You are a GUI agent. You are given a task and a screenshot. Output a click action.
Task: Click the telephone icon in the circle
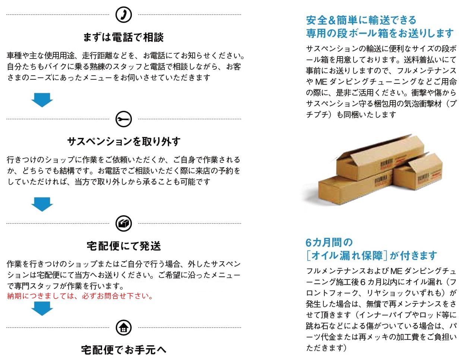tap(124, 15)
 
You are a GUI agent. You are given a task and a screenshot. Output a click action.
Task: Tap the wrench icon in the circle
tap(124, 119)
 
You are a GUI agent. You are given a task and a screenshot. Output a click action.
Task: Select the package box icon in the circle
tap(124, 224)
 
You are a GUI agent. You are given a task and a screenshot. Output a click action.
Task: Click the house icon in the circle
tap(124, 328)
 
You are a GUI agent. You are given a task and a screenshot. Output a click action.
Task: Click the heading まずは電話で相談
tap(123, 37)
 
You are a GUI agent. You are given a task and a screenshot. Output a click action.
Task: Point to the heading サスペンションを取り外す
tap(124, 142)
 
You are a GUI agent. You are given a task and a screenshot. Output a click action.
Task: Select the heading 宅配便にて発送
tap(124, 246)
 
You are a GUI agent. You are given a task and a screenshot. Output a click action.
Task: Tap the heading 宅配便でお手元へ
tap(124, 350)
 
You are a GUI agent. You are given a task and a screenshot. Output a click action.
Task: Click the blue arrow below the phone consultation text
tap(42, 100)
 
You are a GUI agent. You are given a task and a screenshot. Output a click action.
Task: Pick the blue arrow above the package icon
tap(42, 204)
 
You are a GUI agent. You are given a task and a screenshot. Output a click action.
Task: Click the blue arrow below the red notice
tap(42, 309)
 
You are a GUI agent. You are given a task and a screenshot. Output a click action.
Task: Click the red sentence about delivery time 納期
tap(80, 296)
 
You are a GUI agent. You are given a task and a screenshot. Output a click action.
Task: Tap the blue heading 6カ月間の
tap(329, 242)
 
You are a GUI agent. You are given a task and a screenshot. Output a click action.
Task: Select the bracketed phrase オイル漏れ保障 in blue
tap(346, 256)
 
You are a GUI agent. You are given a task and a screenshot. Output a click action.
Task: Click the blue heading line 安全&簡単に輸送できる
tap(361, 20)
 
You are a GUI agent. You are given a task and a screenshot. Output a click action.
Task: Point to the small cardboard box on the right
tap(418, 173)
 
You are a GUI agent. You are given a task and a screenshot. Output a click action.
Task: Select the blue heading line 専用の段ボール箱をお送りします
tap(380, 34)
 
